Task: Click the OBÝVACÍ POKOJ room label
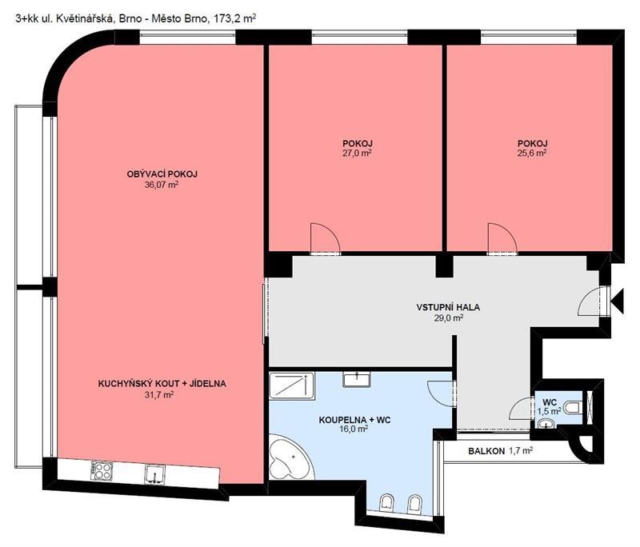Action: (162, 174)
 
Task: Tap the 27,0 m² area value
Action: (357, 153)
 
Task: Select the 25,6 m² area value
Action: (532, 153)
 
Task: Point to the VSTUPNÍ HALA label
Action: (448, 307)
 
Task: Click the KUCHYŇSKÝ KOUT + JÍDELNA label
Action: (162, 384)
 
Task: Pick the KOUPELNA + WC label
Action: (354, 420)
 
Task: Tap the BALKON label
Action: (486, 452)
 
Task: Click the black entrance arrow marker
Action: (617, 301)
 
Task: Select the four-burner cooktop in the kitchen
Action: (102, 470)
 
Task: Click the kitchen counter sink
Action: (155, 474)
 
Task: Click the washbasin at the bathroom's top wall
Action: (357, 379)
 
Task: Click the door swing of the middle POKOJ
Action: (326, 238)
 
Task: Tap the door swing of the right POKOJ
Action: (502, 238)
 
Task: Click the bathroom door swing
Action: (441, 393)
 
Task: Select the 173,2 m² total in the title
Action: (233, 18)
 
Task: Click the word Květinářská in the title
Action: (86, 18)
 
